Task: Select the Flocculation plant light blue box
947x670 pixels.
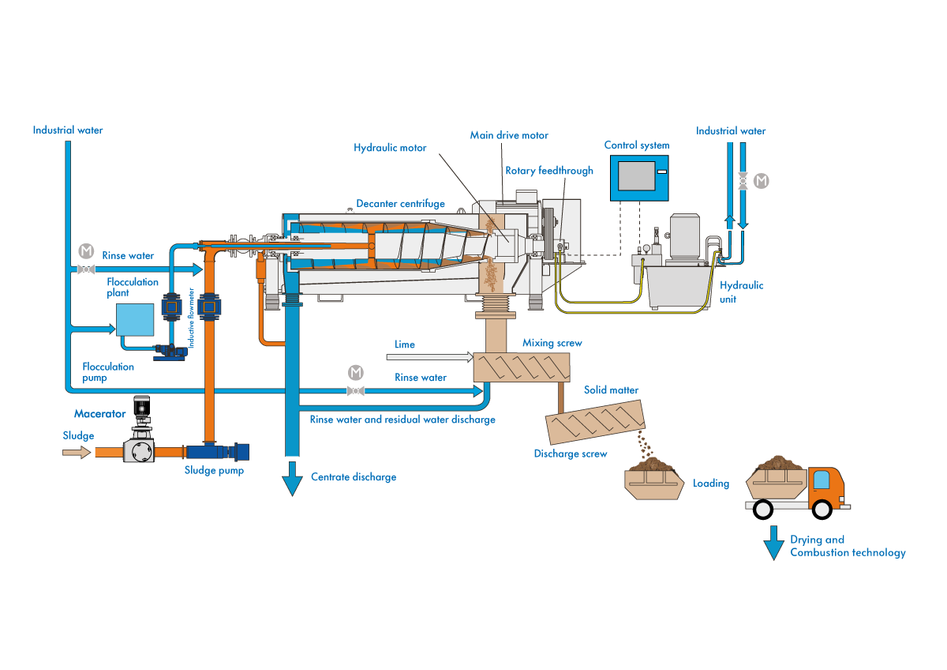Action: coord(135,320)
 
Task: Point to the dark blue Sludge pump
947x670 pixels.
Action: coord(216,452)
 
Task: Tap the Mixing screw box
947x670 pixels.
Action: coord(521,366)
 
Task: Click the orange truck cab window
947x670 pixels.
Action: coord(822,479)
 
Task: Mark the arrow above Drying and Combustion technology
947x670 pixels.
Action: coord(774,544)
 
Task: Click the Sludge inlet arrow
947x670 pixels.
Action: coord(76,452)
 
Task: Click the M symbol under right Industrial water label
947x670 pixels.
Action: coord(761,181)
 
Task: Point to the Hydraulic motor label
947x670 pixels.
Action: coord(390,148)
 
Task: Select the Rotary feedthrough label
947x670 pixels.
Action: coord(549,171)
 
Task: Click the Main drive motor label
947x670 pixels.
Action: coord(509,135)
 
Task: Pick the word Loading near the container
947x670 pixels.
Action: coord(711,483)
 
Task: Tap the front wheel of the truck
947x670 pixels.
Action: coord(822,509)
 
